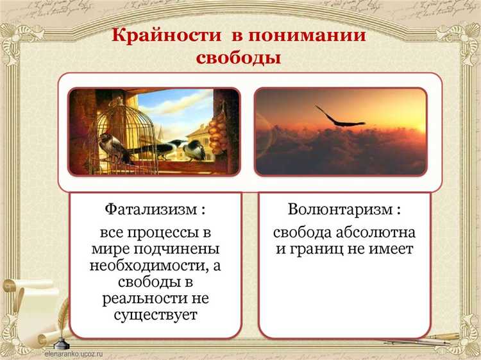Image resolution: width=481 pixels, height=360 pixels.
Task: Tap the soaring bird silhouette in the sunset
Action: coord(341,117)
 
